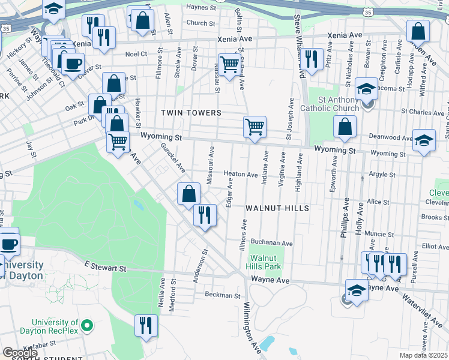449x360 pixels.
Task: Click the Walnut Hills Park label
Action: point(265,262)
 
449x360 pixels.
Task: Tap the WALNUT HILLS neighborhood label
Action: point(277,208)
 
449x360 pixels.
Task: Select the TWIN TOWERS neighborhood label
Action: point(191,113)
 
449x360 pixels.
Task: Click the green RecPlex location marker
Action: point(87,326)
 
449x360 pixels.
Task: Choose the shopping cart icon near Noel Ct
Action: point(229,64)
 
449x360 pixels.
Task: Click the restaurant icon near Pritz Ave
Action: point(311,59)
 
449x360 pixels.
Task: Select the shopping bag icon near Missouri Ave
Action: point(188,194)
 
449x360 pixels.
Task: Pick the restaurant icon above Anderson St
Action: point(205,215)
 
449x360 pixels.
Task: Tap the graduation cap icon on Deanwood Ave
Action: point(424,140)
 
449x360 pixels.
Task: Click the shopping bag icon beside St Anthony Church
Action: point(345,127)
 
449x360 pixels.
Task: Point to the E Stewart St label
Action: point(106,267)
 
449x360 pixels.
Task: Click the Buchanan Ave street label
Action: point(271,244)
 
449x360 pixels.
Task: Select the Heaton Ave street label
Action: point(241,174)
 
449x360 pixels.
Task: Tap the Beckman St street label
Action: point(222,295)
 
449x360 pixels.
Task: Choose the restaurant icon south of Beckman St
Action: point(146,326)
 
